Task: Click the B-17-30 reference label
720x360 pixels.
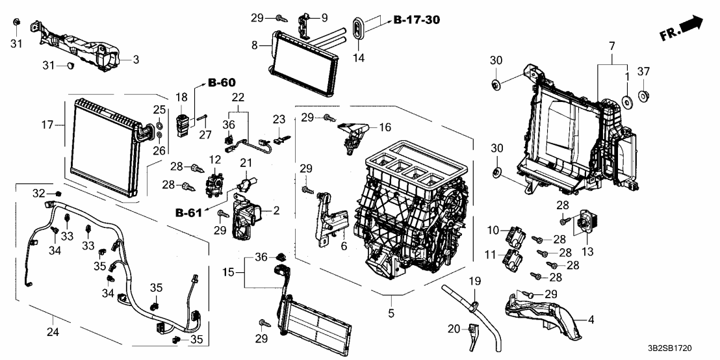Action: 417,20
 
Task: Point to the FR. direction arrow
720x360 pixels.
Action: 682,27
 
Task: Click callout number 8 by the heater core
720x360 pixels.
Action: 255,45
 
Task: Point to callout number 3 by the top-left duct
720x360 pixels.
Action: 136,60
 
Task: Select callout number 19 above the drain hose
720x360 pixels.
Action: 474,281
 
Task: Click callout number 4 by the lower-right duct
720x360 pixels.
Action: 590,319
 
